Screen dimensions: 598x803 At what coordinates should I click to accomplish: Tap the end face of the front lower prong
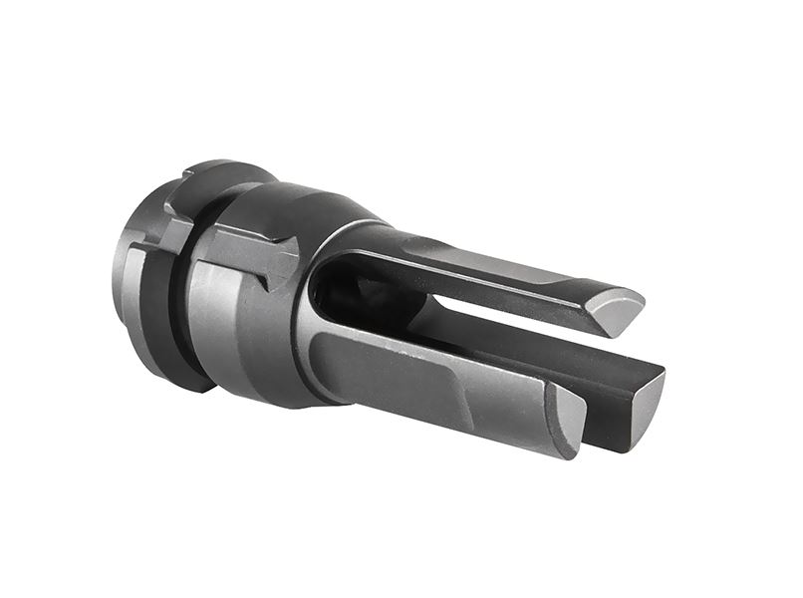tap(569, 419)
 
